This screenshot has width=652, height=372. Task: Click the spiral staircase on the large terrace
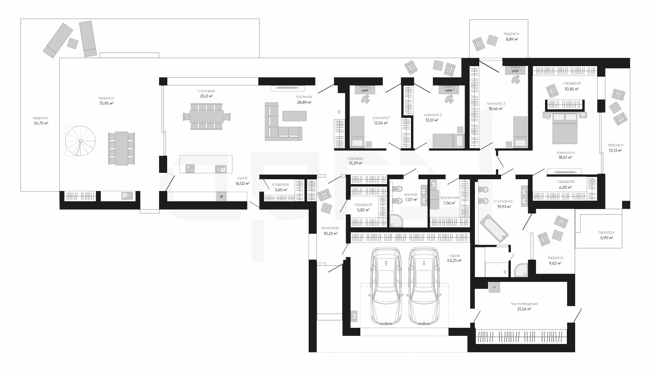click(x=80, y=141)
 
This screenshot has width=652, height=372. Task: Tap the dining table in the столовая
click(x=206, y=116)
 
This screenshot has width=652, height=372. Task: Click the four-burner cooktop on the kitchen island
click(x=190, y=168)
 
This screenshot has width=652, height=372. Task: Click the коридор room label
click(x=356, y=159)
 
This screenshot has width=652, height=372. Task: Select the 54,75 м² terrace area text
click(x=41, y=123)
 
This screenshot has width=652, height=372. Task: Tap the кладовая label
click(x=280, y=185)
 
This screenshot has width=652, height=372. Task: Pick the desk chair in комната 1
click(x=365, y=99)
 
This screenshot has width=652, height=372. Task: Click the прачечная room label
click(x=449, y=198)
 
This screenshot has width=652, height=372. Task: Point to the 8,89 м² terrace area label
click(x=512, y=39)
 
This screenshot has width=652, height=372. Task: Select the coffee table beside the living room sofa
click(x=294, y=116)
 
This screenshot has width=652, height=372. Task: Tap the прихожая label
click(x=330, y=228)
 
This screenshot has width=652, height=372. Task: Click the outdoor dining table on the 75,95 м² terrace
click(x=121, y=149)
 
